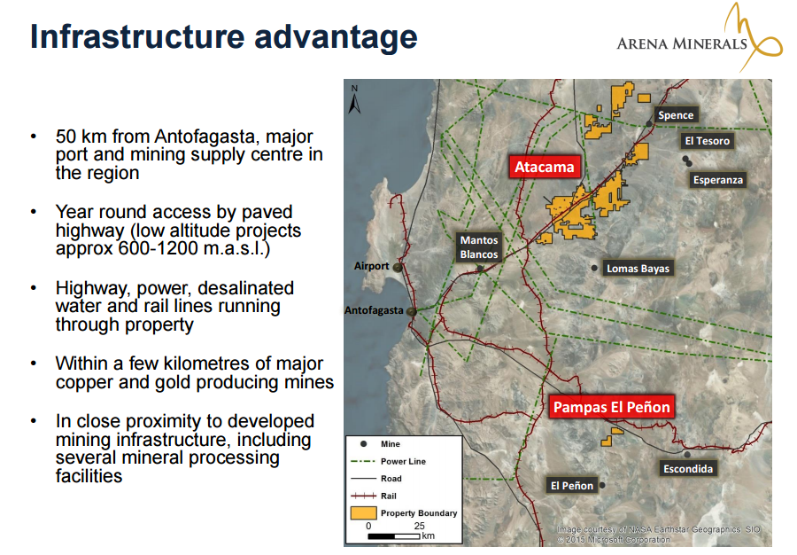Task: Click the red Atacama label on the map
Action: click(x=545, y=167)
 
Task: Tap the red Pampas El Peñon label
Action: click(x=611, y=407)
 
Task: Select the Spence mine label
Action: click(x=676, y=115)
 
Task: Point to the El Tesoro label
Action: click(x=707, y=141)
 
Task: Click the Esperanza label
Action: click(x=717, y=180)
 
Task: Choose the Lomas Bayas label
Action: click(x=638, y=268)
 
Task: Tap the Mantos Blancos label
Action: click(x=479, y=247)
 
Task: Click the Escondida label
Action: click(x=688, y=468)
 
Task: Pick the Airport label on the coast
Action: click(x=371, y=266)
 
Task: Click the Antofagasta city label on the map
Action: click(x=374, y=310)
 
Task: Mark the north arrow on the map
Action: click(x=354, y=99)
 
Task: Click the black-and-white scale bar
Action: click(x=394, y=536)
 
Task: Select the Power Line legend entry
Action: click(x=389, y=461)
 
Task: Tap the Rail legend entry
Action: click(x=374, y=496)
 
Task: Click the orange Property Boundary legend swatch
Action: click(x=363, y=512)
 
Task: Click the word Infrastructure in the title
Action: click(x=137, y=36)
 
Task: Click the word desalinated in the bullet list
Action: click(x=246, y=288)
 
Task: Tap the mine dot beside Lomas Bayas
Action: click(x=594, y=268)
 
